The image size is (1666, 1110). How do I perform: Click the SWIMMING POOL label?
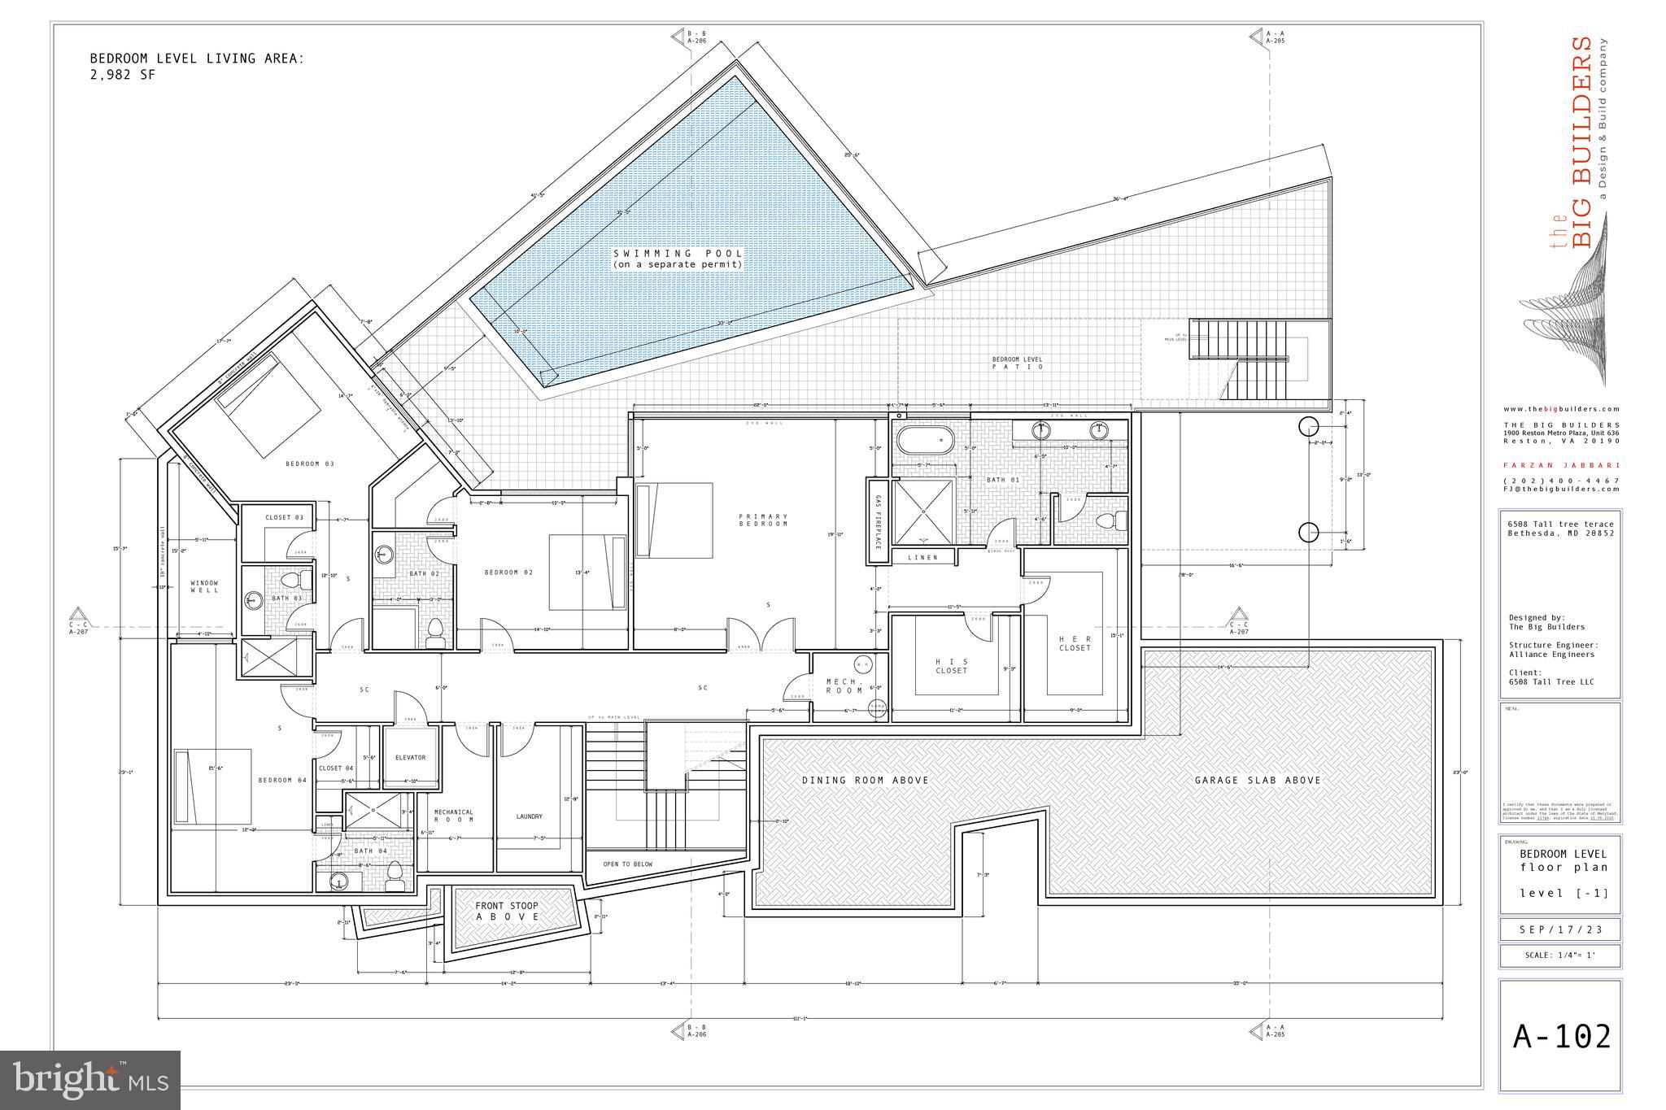pos(678,259)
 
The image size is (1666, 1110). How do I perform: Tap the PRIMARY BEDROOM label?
pos(763,520)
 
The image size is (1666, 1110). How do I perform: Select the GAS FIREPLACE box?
pos(878,520)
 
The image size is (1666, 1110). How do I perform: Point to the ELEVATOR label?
pos(410,757)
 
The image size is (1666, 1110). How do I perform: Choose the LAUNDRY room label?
pos(529,816)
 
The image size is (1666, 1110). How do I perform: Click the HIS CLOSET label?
pos(951,666)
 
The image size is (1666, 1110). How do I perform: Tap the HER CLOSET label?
pos(1075,643)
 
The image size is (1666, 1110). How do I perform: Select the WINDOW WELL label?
pos(204,586)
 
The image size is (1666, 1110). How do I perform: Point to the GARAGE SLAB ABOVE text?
pos(1258,780)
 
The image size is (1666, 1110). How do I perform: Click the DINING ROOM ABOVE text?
pos(865,780)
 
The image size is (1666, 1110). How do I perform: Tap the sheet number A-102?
pos(1561,1037)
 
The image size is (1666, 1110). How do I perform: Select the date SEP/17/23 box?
pos(1559,929)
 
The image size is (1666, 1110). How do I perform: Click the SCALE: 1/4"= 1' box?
pos(1559,955)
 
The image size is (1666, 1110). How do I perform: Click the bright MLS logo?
pos(90,1080)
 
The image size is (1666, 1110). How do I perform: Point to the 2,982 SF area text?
pos(122,75)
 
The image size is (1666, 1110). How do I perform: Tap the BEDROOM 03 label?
pos(309,464)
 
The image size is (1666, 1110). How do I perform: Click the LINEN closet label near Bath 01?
pos(922,557)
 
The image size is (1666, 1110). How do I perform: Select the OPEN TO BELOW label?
pos(627,864)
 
